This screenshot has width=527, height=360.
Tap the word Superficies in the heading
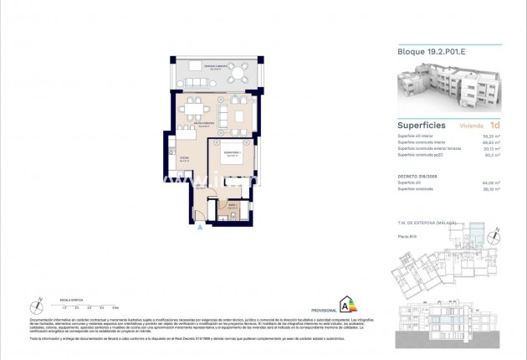pos(420,125)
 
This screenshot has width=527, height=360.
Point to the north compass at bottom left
pos(38,304)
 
